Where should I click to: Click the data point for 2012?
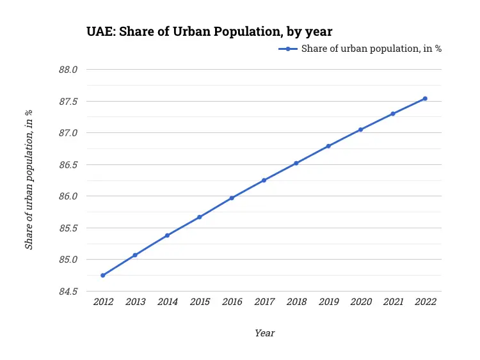pyautogui.click(x=103, y=276)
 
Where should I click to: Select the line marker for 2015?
pyautogui.click(x=200, y=217)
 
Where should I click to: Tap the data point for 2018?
pyautogui.click(x=296, y=163)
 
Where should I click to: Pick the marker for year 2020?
pyautogui.click(x=361, y=130)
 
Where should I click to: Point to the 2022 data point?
pyautogui.click(x=425, y=98)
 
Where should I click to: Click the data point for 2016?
pyautogui.click(x=232, y=198)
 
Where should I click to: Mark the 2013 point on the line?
pyautogui.click(x=135, y=255)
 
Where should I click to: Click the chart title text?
pyautogui.click(x=209, y=31)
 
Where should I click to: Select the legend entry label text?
pyautogui.click(x=371, y=49)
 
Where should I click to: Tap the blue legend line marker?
pyautogui.click(x=288, y=49)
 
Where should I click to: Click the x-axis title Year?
pyautogui.click(x=264, y=333)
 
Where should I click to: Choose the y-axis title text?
pyautogui.click(x=29, y=180)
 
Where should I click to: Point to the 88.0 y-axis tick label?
pyautogui.click(x=68, y=70)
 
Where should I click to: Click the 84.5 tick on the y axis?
pyautogui.click(x=68, y=292)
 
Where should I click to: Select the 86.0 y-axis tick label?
pyautogui.click(x=68, y=196)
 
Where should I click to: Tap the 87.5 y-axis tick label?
pyautogui.click(x=68, y=102)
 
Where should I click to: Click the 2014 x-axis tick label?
pyautogui.click(x=168, y=302)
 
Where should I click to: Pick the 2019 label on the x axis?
pyautogui.click(x=328, y=302)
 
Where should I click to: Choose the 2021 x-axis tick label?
pyautogui.click(x=393, y=302)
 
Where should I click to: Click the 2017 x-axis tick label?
pyautogui.click(x=264, y=302)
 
